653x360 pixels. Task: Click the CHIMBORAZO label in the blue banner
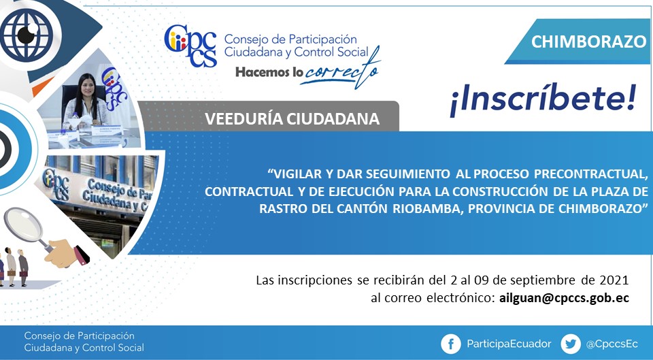[x=588, y=42]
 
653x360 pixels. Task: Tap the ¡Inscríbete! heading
[x=543, y=100]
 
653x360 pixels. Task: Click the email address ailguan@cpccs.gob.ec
[x=564, y=298]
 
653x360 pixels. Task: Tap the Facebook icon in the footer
[x=450, y=344]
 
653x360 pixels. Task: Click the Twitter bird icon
[x=571, y=344]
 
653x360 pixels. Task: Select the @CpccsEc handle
[x=612, y=344]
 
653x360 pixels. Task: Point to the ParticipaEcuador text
[x=509, y=344]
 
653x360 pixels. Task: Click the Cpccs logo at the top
[x=190, y=46]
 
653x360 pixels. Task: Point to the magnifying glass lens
[x=23, y=223]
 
